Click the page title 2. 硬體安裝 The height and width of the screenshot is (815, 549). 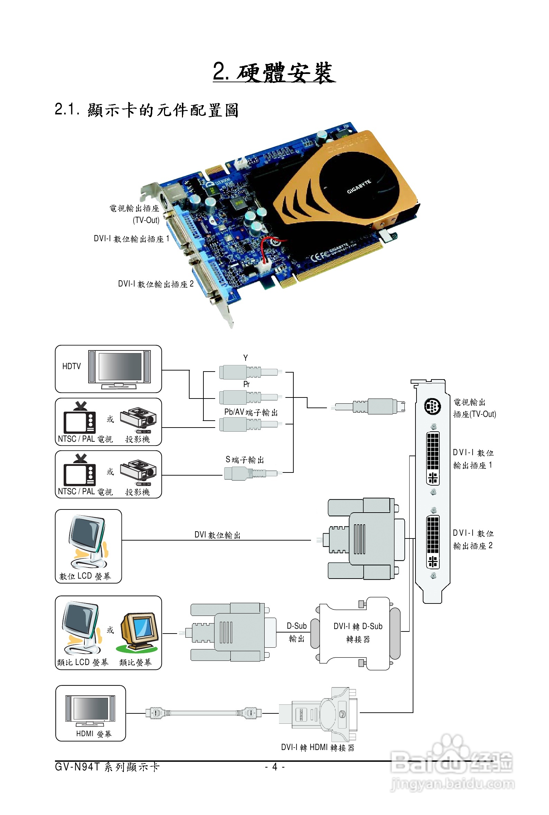(x=274, y=72)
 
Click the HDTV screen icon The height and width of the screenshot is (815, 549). (x=119, y=367)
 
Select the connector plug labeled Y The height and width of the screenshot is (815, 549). (x=249, y=372)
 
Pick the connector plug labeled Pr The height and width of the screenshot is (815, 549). (x=249, y=397)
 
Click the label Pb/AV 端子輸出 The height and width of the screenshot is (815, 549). (x=251, y=412)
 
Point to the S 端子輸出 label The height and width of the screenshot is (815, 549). (x=245, y=460)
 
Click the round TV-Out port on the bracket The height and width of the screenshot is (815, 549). (x=432, y=406)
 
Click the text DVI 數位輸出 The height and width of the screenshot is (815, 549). (x=218, y=535)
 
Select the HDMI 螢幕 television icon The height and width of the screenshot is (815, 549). (x=90, y=710)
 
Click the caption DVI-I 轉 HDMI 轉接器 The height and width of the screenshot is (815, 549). (x=318, y=748)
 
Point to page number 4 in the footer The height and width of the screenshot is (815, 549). (x=275, y=767)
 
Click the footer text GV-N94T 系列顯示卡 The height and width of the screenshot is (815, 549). (x=107, y=767)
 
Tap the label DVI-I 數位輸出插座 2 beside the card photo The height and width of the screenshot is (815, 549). (x=155, y=284)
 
